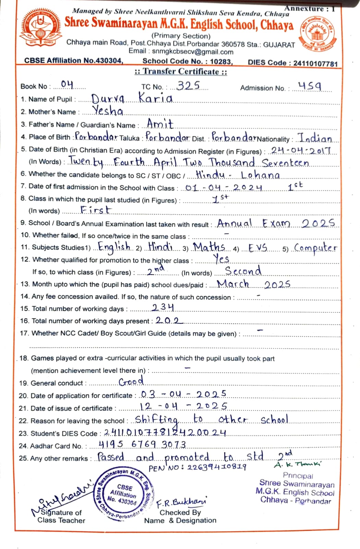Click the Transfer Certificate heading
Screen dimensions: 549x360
181,72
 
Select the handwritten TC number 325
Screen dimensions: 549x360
188,85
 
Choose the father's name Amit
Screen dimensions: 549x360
160,123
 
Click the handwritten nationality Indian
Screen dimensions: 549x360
315,138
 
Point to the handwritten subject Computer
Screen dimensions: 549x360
315,248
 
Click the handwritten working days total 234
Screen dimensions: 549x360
163,307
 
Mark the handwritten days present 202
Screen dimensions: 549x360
169,320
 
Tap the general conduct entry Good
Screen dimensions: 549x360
131,381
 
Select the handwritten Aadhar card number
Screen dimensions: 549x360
142,444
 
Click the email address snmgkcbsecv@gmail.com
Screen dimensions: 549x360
193,52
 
